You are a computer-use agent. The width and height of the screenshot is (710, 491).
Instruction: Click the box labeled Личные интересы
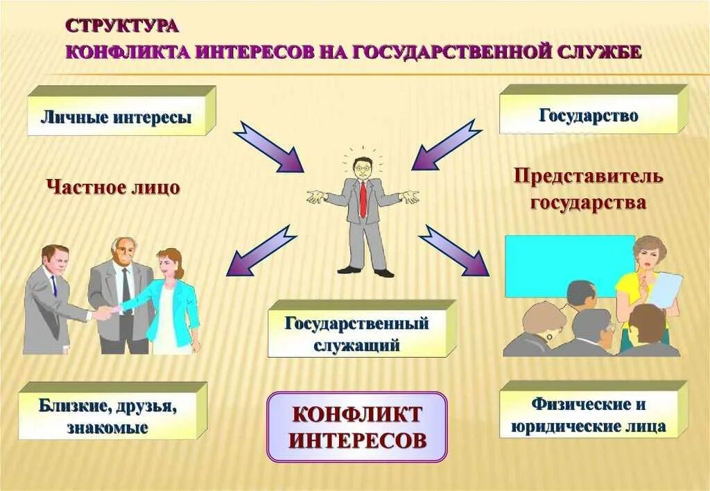point(116,117)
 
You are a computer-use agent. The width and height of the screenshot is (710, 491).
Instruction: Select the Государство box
point(588,115)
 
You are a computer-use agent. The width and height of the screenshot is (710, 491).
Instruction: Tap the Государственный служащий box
point(356,333)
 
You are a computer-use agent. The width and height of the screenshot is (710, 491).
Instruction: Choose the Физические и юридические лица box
point(588,415)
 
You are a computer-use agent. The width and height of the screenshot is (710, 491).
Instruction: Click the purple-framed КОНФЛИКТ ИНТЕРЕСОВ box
point(357,427)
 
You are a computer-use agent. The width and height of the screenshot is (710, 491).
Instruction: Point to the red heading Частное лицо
point(113,187)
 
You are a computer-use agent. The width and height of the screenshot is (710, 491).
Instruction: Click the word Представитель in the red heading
point(588,176)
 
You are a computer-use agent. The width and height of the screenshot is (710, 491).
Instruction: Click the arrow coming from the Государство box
point(447,146)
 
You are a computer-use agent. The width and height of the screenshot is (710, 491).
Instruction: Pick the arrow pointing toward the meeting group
point(454,250)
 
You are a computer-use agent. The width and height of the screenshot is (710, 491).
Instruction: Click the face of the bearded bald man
point(123,252)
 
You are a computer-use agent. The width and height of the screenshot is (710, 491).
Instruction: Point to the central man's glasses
point(361,166)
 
